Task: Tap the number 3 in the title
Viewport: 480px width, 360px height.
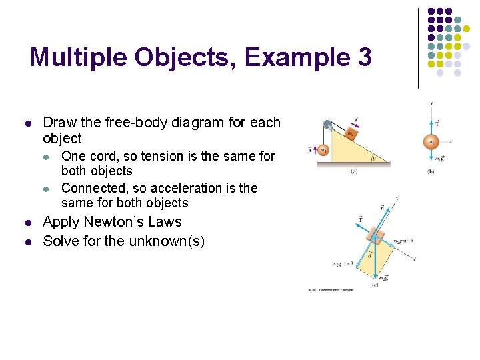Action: [x=365, y=57]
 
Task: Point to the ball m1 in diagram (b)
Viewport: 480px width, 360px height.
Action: [x=431, y=141]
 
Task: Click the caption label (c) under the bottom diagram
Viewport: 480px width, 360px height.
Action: [x=377, y=285]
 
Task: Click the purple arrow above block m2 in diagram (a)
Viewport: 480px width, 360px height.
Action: [x=356, y=121]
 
